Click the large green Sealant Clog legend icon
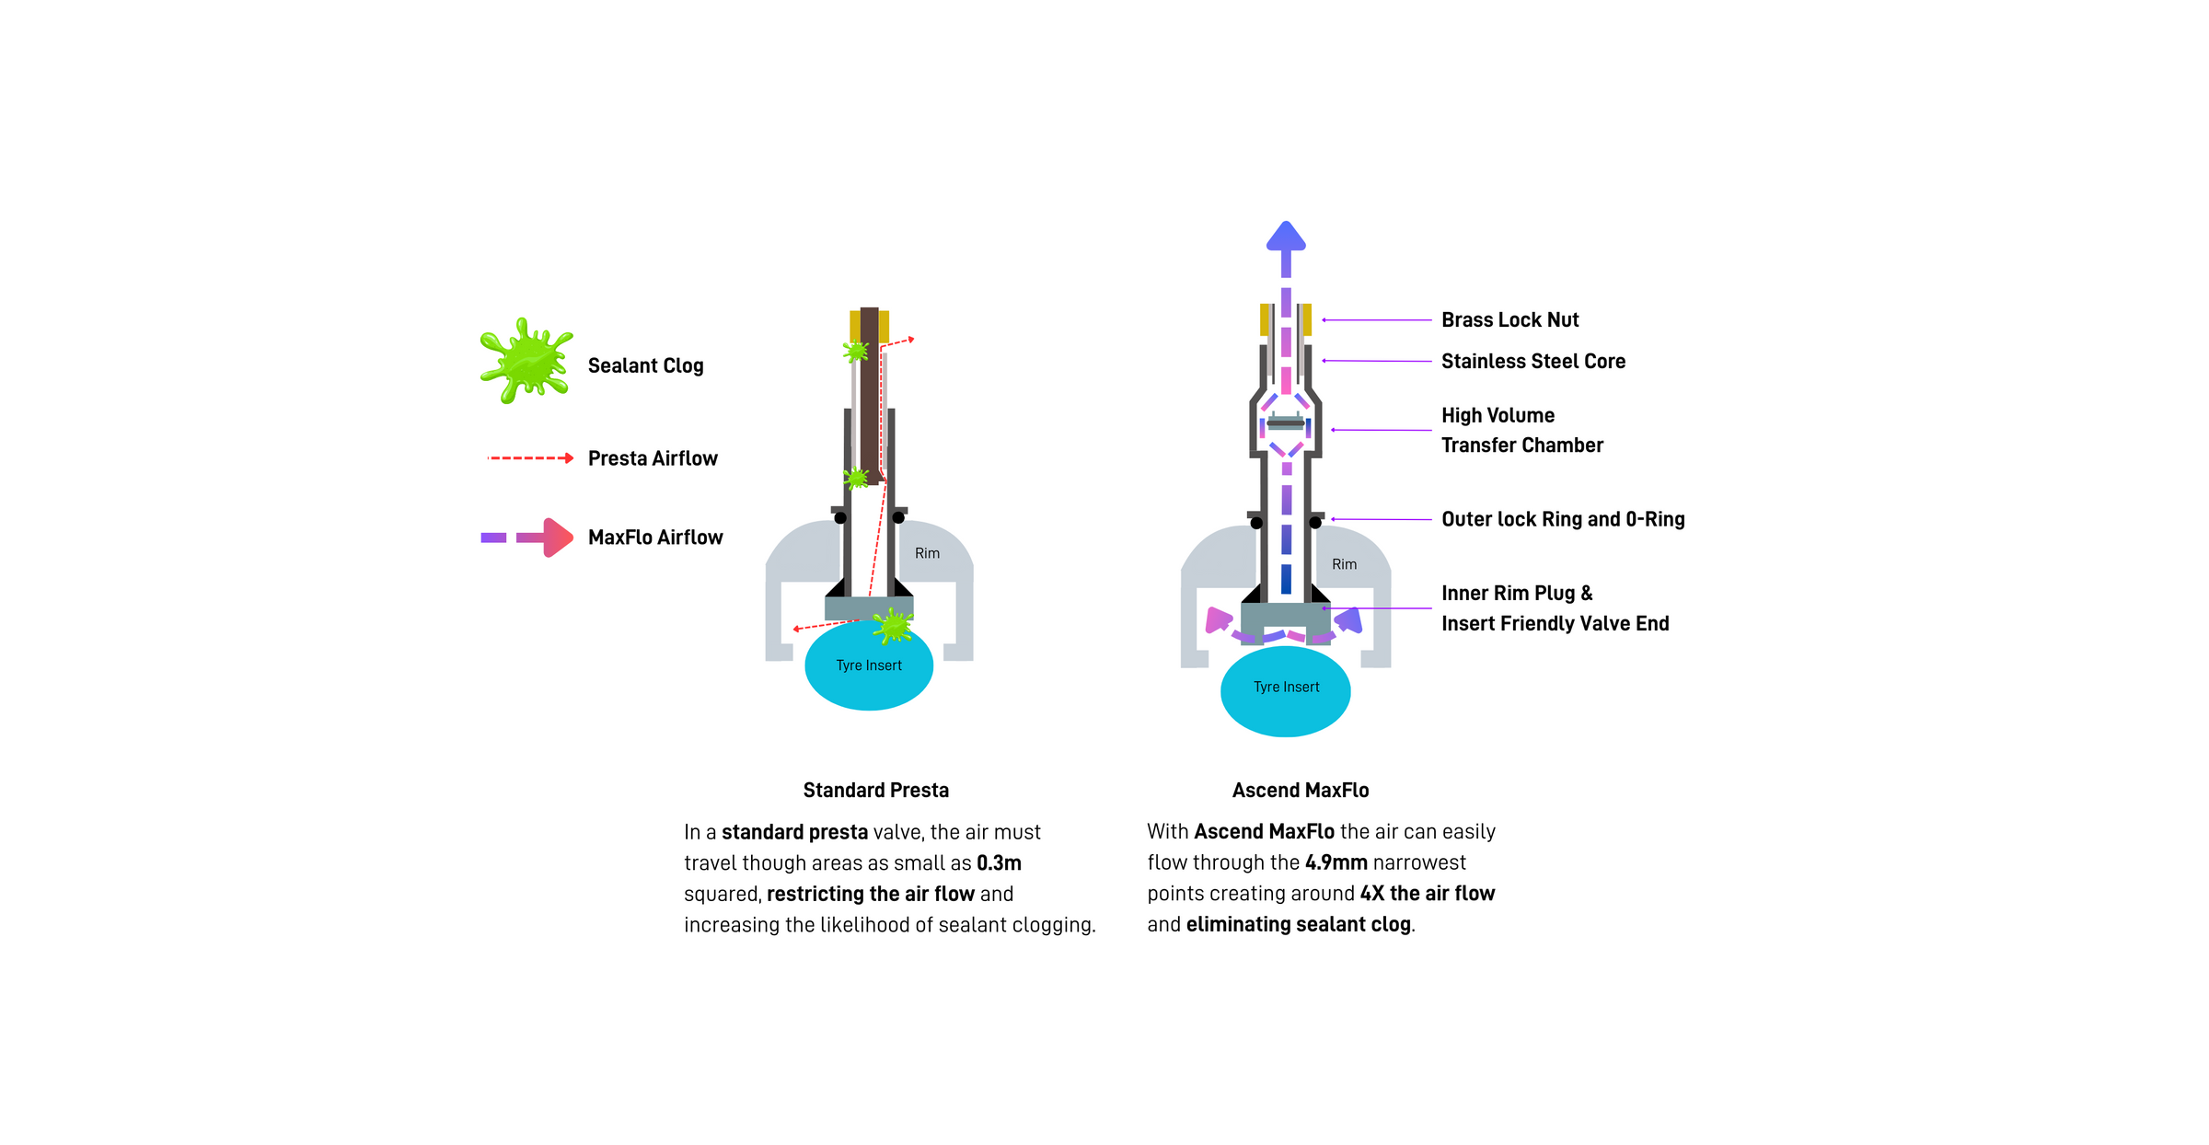pos(526,361)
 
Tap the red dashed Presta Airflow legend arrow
pos(530,457)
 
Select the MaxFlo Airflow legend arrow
pos(527,538)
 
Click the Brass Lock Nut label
pos(1509,320)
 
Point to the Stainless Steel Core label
pos(1532,362)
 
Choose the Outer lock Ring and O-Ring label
pos(1562,519)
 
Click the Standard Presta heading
pos(875,790)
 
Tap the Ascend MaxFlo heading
pos(1300,790)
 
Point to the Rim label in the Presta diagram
pos(927,553)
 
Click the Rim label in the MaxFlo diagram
pos(1344,564)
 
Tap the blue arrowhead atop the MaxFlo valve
pos(1286,237)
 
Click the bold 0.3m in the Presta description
pos(999,863)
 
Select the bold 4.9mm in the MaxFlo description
pos(1336,862)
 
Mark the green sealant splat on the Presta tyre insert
pos(892,627)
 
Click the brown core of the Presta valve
pos(869,396)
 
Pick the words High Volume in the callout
pos(1498,415)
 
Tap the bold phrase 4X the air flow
pos(1427,894)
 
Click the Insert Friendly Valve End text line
pos(1555,624)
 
